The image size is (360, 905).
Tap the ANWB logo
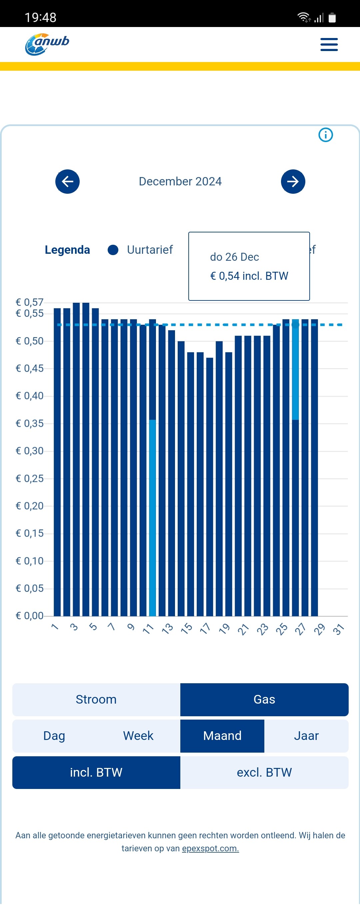pos(47,44)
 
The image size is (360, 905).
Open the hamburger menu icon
pos(329,45)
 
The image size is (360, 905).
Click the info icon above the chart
pos(325,135)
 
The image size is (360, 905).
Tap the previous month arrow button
pos(67,182)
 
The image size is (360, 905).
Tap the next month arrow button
pos(293,182)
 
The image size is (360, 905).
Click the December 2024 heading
pos(180,182)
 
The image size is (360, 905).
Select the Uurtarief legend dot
pos(113,250)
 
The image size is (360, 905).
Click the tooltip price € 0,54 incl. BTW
pos(249,276)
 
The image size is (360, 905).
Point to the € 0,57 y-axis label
pos(30,302)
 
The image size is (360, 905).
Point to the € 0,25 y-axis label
pos(30,479)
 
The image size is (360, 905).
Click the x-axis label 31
pos(338,629)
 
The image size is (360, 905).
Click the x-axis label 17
pos(205,629)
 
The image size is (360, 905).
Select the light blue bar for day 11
pos(152,517)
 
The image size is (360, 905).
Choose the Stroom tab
pos(96,700)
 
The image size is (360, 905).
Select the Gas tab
pos(264,700)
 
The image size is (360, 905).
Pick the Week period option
pos(138,736)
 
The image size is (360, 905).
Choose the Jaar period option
pos(306,736)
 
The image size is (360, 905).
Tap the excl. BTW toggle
pos(264,773)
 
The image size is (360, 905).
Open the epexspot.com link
pos(210,848)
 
